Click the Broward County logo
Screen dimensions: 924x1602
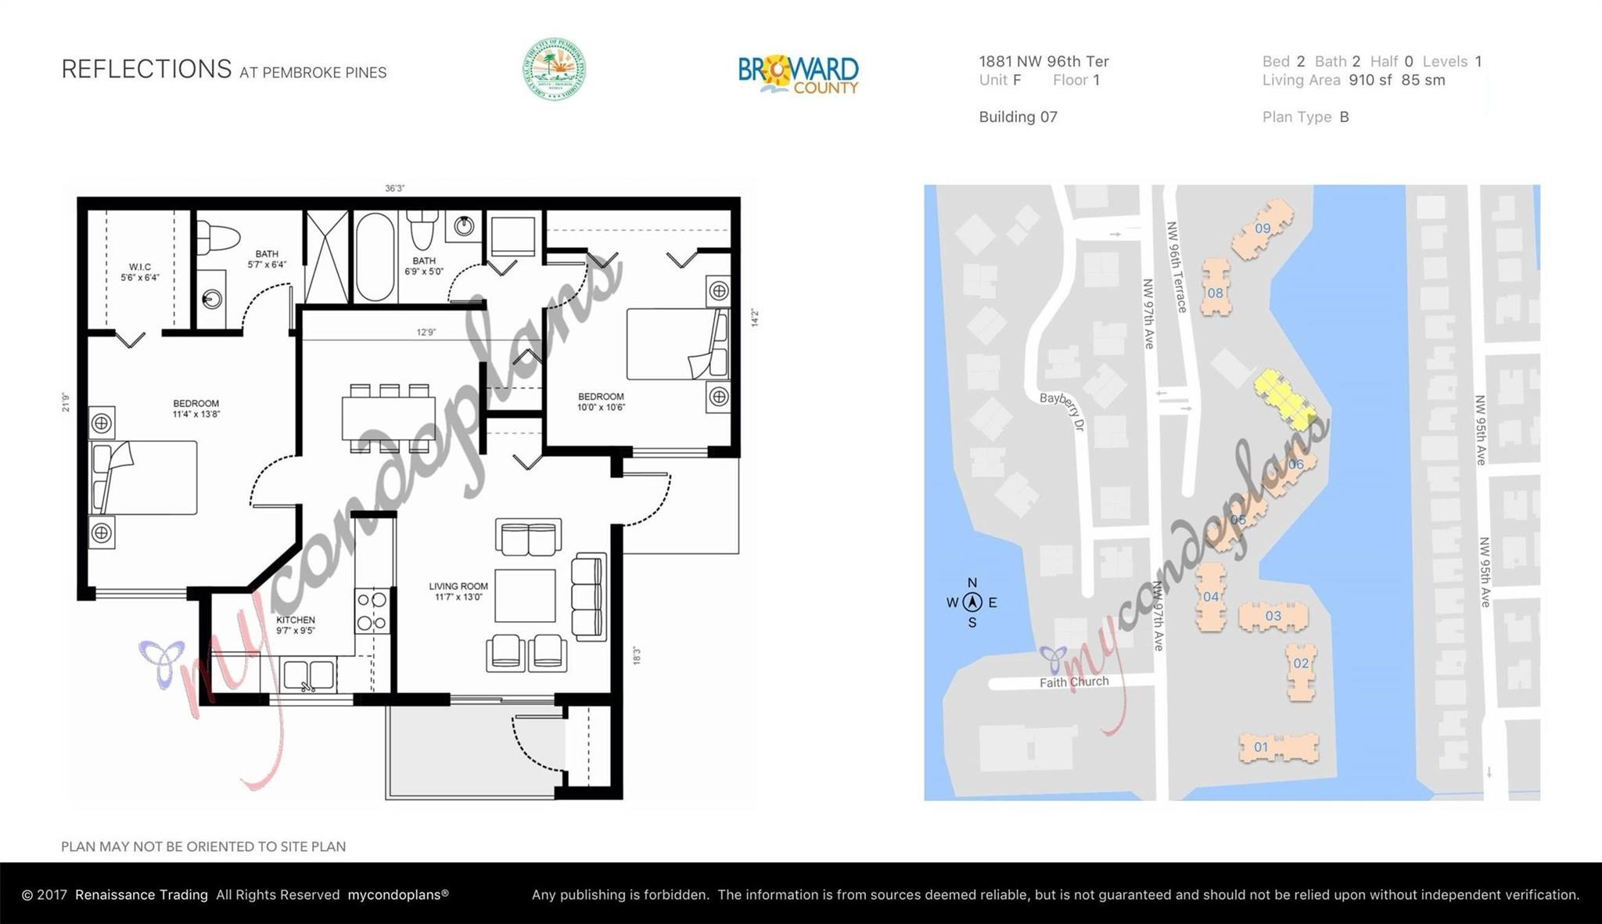(x=798, y=74)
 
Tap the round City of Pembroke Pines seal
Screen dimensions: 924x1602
(x=554, y=69)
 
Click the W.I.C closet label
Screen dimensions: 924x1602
(x=140, y=272)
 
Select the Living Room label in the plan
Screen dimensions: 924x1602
(x=458, y=591)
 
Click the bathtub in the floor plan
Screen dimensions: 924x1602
(x=375, y=257)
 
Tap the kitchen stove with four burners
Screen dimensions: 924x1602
(x=372, y=611)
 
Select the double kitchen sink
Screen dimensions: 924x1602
(x=309, y=675)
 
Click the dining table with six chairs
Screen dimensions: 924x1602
(x=388, y=419)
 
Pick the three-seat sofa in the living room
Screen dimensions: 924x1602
(x=589, y=596)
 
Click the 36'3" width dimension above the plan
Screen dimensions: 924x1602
(x=394, y=189)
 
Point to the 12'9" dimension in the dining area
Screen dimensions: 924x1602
(x=426, y=333)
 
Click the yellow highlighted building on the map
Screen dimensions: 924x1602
(x=1284, y=400)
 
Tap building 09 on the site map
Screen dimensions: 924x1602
(x=1262, y=228)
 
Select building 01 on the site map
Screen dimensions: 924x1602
(x=1278, y=747)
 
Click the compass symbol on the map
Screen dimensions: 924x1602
(x=972, y=602)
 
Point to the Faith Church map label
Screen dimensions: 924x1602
(x=1073, y=682)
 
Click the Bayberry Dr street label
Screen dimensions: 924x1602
(x=1063, y=410)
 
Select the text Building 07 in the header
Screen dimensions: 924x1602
(x=1018, y=117)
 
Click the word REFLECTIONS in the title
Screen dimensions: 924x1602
(x=146, y=70)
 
